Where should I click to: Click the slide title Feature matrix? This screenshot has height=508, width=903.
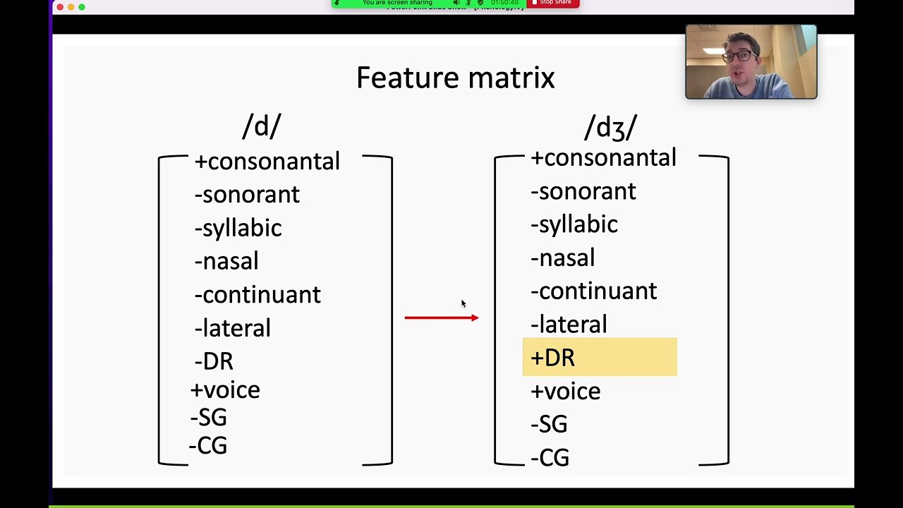[x=455, y=78]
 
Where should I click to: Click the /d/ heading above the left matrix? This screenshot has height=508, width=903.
[x=262, y=126]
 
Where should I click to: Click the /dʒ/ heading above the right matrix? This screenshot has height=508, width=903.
[x=610, y=128]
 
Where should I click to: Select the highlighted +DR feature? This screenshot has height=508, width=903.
[x=553, y=357]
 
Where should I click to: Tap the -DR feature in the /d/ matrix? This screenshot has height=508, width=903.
[x=214, y=361]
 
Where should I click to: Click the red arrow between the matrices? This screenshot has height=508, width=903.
[x=441, y=318]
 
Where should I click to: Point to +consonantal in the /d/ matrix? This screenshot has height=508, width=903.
[x=267, y=162]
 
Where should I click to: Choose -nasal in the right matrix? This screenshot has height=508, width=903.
[x=562, y=258]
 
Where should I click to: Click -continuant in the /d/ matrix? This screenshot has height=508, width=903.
[x=257, y=294]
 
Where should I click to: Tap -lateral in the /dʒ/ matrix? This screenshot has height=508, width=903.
[x=569, y=325]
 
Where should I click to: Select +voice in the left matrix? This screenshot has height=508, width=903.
[x=225, y=390]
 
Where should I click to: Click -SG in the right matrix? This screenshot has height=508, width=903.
[x=549, y=424]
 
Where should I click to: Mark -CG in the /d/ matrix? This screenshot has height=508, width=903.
[x=208, y=446]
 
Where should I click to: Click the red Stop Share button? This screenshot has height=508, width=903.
[x=552, y=3]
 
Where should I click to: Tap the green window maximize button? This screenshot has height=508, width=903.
[x=82, y=7]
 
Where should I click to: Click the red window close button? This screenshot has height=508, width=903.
[x=60, y=7]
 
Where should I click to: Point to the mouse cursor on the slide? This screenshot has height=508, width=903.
[x=463, y=303]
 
